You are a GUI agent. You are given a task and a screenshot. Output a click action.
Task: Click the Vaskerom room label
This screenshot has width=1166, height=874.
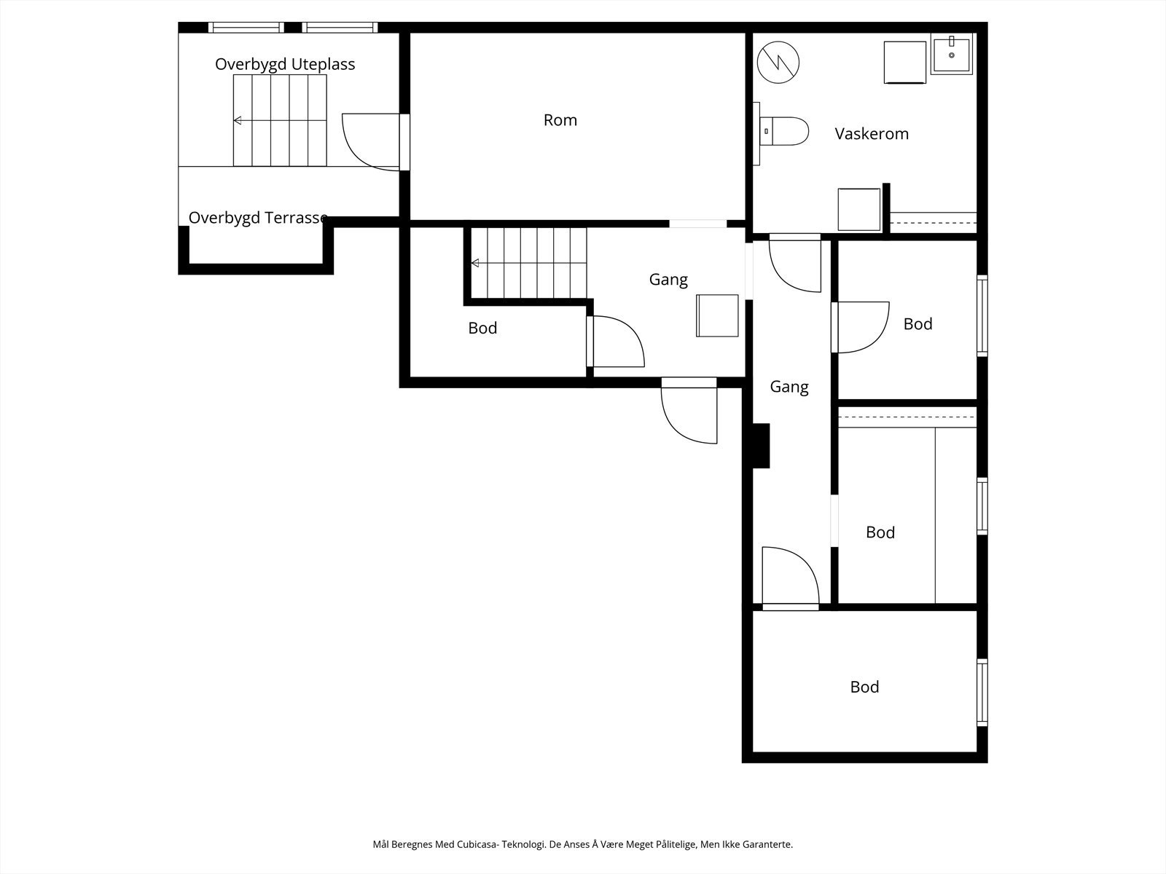point(871,134)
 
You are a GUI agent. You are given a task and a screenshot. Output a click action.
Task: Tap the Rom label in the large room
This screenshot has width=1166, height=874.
point(560,120)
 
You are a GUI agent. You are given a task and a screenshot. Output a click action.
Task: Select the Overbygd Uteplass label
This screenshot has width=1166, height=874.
point(285,64)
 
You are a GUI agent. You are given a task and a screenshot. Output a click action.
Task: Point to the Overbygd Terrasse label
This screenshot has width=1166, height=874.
point(258,218)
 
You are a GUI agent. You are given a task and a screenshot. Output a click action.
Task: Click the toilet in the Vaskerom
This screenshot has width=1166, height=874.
point(784,131)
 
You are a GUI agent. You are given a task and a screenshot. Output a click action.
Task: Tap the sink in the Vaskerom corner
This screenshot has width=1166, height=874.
point(952,53)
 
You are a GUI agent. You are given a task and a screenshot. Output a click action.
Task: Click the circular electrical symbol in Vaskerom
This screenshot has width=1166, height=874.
point(778,63)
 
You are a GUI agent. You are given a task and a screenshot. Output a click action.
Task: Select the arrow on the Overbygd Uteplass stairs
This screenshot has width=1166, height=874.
point(280,120)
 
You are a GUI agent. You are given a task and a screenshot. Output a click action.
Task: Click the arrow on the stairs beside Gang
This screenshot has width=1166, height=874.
point(528,263)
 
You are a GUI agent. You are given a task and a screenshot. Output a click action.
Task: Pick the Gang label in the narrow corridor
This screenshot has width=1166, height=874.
point(789,387)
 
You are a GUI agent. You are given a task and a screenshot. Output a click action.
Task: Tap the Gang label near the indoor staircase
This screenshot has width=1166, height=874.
point(668,279)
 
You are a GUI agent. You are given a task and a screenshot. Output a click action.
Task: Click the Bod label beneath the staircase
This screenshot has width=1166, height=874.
point(482,328)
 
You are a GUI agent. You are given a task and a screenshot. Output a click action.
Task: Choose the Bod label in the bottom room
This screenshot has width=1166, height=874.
point(864,688)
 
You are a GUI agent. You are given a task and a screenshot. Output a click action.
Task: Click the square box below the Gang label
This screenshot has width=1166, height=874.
point(717,316)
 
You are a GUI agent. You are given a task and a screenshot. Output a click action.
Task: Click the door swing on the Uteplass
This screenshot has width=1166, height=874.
point(371,142)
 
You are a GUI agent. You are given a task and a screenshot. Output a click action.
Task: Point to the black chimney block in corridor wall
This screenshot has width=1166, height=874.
point(762,446)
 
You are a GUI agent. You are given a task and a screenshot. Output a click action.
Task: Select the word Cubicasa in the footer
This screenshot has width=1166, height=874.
point(477,844)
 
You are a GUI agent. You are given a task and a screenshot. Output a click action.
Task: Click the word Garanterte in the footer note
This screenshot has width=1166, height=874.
point(767,844)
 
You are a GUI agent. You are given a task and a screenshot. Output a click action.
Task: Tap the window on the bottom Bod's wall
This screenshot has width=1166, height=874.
point(982,693)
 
